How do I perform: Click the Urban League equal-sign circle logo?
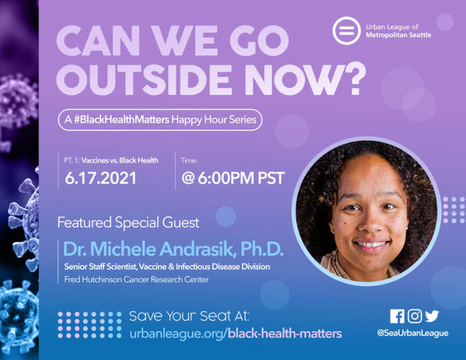(x=346, y=31)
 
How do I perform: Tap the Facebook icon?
(x=397, y=316)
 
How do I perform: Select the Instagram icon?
(x=415, y=316)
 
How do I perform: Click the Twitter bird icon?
(x=432, y=316)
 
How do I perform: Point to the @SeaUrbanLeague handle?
(x=412, y=333)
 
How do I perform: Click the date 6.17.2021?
(x=100, y=178)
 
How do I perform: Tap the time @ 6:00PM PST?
(x=233, y=178)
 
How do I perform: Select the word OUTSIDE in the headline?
(x=144, y=80)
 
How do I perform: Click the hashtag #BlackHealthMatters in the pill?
(x=121, y=120)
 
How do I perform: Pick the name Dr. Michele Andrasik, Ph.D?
(x=173, y=249)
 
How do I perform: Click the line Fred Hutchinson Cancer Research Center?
(x=136, y=279)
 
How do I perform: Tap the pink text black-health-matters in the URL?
(x=285, y=334)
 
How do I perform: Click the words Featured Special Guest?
(x=128, y=223)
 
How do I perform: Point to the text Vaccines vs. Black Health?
(x=120, y=160)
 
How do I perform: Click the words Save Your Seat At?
(x=189, y=316)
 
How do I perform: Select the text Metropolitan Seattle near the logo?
(x=398, y=35)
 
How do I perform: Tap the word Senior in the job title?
(x=73, y=267)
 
